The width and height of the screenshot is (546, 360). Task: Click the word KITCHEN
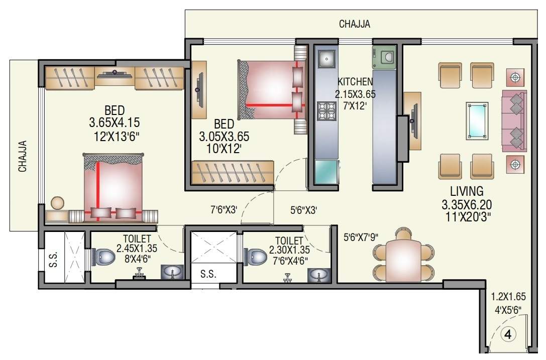355,82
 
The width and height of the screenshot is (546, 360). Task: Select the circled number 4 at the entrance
508,334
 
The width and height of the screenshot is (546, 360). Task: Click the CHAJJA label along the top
355,24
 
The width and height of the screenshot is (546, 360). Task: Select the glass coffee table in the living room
477,120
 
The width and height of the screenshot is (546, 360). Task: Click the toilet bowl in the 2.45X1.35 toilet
103,257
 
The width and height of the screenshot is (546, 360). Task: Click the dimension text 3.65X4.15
115,122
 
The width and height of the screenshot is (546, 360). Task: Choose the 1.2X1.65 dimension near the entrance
508,297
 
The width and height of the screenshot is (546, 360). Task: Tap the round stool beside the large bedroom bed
58,203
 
